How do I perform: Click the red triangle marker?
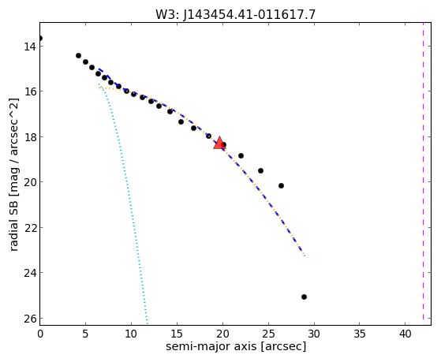[219, 143]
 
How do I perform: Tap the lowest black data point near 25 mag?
[304, 297]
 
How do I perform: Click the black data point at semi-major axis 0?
[40, 39]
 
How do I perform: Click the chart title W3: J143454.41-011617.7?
[236, 15]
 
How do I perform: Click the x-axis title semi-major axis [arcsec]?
[236, 346]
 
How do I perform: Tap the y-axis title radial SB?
[13, 174]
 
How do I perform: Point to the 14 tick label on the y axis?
[29, 47]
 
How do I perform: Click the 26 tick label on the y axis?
[29, 319]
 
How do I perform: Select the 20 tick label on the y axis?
[29, 182]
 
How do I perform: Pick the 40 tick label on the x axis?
[405, 334]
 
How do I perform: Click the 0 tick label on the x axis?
[40, 334]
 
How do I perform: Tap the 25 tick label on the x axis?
[268, 334]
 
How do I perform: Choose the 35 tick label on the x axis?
[360, 334]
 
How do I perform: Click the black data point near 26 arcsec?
[281, 185]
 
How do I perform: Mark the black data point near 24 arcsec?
[260, 170]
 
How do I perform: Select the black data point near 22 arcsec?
[241, 155]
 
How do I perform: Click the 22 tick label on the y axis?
[29, 228]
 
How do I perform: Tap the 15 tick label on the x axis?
[178, 334]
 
